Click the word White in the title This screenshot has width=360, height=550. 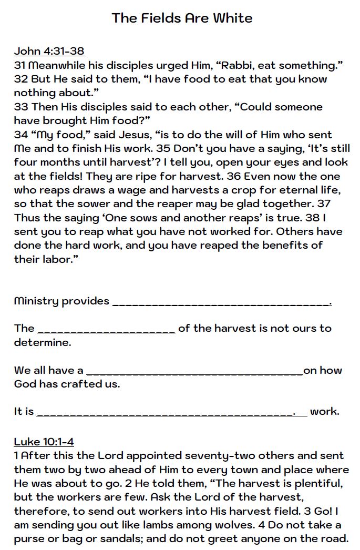pyautogui.click(x=232, y=18)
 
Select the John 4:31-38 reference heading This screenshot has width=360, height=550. pyautogui.click(x=49, y=52)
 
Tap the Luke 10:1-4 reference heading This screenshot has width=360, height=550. pyautogui.click(x=44, y=441)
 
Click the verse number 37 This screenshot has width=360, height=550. pyautogui.click(x=334, y=203)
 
